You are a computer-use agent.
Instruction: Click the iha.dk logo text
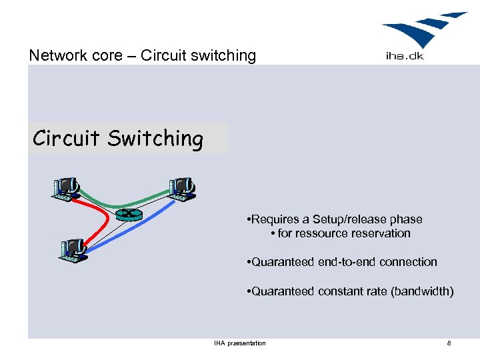[x=405, y=56]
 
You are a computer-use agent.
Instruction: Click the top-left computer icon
[x=67, y=189]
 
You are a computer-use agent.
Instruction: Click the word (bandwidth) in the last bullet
[x=422, y=291]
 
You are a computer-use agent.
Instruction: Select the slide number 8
[x=449, y=343]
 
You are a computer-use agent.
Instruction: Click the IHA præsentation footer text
[x=239, y=343]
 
